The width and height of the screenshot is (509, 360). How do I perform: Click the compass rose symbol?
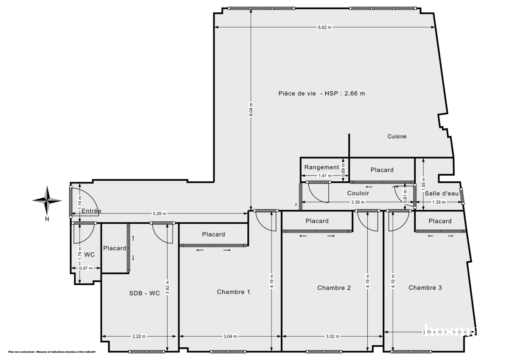tap(48, 200)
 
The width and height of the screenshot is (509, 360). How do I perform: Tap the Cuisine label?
tap(397, 136)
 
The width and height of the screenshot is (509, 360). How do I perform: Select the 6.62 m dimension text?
tap(324, 27)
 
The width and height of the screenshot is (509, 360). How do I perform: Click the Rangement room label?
tap(322, 167)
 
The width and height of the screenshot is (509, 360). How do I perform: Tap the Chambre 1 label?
tap(233, 292)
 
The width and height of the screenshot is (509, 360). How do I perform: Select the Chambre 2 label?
tap(334, 287)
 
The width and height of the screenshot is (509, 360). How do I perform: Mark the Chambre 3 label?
tap(425, 287)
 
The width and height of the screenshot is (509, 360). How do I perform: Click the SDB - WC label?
tap(145, 293)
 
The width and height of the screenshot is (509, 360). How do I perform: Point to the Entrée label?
tap(91, 211)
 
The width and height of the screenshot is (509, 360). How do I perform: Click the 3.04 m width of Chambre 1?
tap(230, 336)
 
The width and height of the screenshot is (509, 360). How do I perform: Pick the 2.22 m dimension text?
tap(139, 336)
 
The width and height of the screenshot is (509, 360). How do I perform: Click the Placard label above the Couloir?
tap(382, 170)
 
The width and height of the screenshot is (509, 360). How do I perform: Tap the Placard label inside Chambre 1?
tap(213, 234)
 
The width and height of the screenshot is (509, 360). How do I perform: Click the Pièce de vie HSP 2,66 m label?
tap(321, 94)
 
